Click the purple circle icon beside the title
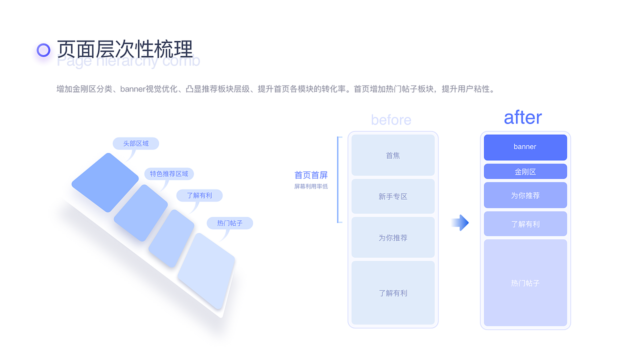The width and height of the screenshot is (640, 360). pos(44,50)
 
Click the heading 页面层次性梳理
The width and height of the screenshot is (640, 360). pos(124,49)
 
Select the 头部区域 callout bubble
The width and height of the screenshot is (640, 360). pos(135,143)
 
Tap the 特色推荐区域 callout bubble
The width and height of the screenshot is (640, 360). pos(169,174)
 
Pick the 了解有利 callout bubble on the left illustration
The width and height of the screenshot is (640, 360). pos(199,195)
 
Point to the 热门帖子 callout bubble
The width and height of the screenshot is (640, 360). pos(229,223)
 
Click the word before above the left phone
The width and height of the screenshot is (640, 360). pos(391,120)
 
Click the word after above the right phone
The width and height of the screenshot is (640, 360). pos(522,117)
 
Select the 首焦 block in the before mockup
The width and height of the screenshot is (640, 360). pos(393,155)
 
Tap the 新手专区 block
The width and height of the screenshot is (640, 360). pos(393,196)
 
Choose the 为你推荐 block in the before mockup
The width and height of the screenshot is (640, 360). pos(393,237)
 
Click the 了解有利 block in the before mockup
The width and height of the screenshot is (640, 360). pos(393,293)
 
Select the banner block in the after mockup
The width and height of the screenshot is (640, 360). pos(525,147)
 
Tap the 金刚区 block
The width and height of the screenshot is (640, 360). pos(525,171)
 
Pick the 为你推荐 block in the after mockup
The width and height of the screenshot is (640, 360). pos(525,195)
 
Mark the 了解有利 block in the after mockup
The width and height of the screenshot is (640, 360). pos(525,224)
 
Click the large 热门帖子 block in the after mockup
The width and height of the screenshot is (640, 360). pos(525,283)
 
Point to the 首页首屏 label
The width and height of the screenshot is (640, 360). pos(311,175)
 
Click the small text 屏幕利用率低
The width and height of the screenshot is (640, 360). pos(311,186)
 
